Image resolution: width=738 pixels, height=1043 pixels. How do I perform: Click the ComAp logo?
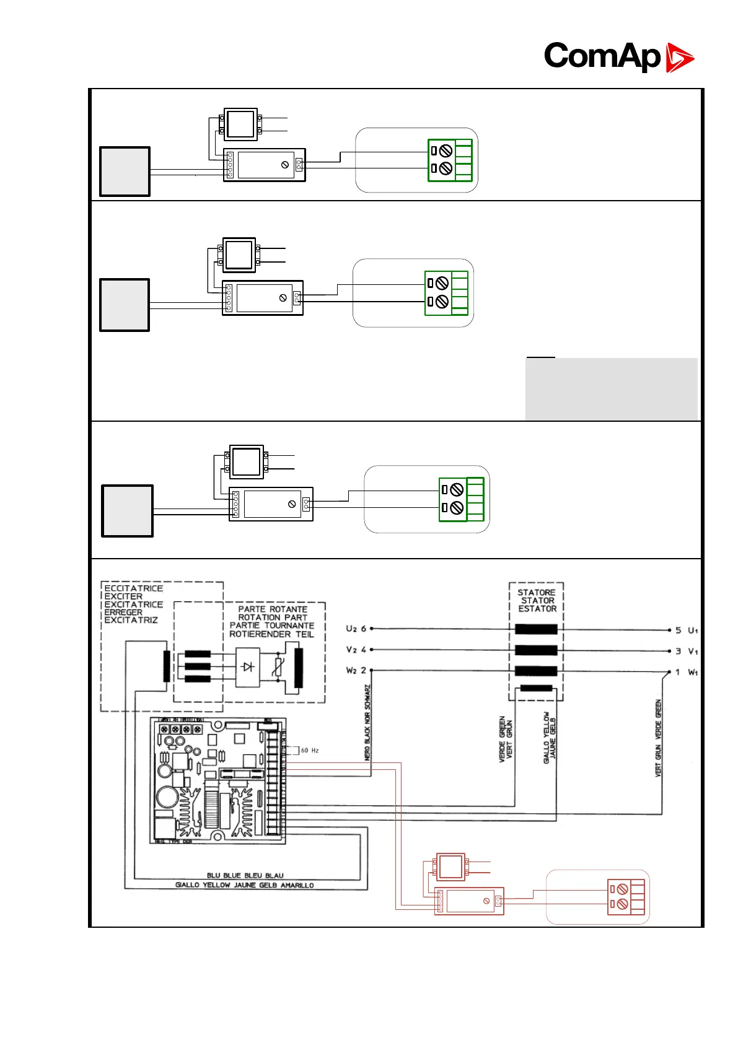pos(618,56)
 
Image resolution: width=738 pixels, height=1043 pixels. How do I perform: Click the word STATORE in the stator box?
pos(536,593)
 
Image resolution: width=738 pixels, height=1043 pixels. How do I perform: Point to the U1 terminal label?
pos(692,631)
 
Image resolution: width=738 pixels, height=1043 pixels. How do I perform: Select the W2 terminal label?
pos(351,671)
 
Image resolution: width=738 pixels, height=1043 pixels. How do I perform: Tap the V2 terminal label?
pos(351,650)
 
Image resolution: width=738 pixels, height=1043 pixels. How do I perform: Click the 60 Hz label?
pos(310,751)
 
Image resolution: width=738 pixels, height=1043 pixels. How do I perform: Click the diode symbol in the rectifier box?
pos(248,667)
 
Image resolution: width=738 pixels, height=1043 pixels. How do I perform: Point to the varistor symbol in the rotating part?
pos(279,667)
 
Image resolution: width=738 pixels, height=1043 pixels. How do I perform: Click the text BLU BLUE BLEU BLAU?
pos(245,876)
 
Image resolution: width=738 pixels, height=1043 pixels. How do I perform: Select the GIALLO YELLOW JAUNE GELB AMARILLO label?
pos(244,886)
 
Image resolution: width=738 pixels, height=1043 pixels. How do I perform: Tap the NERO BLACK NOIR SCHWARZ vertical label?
pos(367,722)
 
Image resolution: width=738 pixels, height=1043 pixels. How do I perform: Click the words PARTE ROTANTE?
pos(273,609)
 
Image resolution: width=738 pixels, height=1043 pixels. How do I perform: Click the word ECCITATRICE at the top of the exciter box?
pos(133,588)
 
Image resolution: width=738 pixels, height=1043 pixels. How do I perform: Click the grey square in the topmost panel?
pos(125,172)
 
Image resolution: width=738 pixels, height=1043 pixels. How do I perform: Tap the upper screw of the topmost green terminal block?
pos(446,151)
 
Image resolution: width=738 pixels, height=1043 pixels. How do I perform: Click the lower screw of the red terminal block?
pos(623,904)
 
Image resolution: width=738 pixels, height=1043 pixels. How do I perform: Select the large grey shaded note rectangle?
pos(611,389)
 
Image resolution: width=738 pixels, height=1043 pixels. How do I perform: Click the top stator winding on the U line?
pos(536,629)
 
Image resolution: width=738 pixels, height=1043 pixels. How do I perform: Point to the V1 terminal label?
pos(692,652)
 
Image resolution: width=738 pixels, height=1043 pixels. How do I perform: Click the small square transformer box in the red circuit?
pos(450,866)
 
